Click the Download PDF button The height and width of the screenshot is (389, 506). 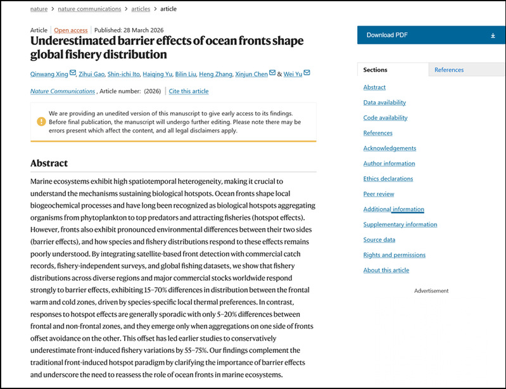coord(430,35)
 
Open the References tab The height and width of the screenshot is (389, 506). coord(448,70)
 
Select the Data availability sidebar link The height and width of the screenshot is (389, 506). coord(384,103)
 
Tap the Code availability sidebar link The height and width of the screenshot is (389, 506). coord(385,118)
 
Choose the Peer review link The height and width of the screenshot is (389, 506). coord(379,194)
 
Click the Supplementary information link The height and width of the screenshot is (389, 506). coord(400,224)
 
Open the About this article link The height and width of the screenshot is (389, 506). coord(386,271)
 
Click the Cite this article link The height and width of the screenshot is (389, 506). coord(189,91)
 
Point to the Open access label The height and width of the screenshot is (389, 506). coord(71,30)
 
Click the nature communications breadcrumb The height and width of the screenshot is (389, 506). coord(89,9)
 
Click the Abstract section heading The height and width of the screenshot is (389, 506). coord(49,163)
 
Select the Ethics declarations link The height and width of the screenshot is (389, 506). coord(388,179)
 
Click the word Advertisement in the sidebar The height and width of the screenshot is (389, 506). coord(431,291)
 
